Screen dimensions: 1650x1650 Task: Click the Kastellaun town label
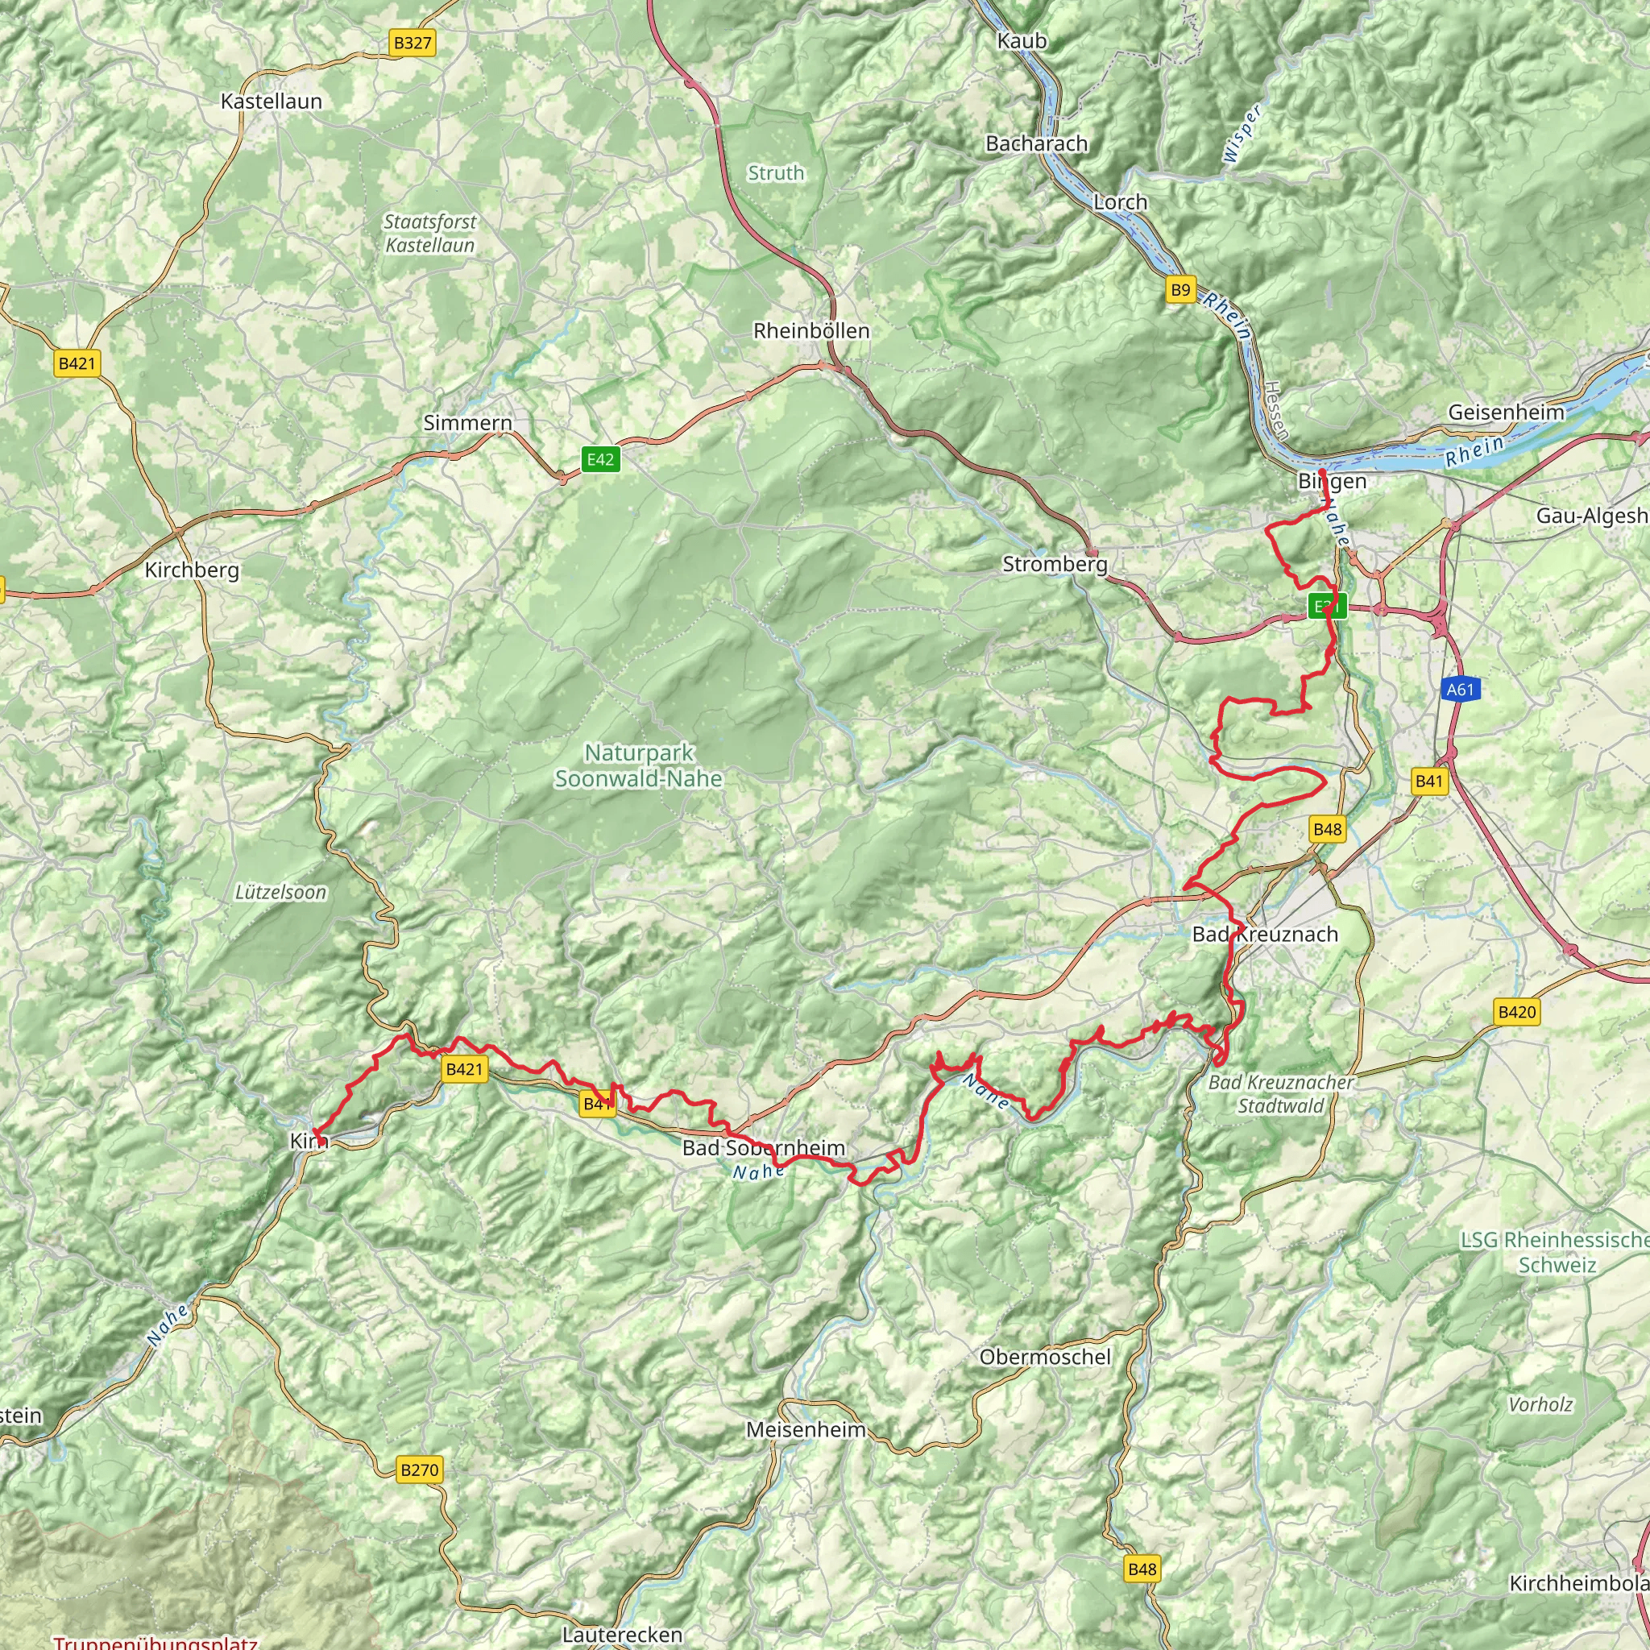(271, 102)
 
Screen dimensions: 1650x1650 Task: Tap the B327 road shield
(412, 43)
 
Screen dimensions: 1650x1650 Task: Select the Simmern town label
(467, 423)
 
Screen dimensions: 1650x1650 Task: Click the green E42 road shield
(599, 459)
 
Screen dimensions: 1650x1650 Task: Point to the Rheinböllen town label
(810, 331)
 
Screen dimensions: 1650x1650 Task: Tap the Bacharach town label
(1036, 143)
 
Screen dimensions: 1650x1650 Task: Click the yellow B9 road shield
(1179, 290)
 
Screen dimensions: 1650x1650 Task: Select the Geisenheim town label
(1506, 412)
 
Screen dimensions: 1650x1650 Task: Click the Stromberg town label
(1054, 565)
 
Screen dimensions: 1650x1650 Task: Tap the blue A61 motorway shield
(1460, 689)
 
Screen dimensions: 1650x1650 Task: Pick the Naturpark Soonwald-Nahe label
(639, 766)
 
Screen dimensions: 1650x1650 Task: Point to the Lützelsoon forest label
(280, 893)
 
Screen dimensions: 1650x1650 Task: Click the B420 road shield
(1517, 1012)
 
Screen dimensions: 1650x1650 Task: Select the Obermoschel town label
(1044, 1357)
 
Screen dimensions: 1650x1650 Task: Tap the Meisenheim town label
(806, 1430)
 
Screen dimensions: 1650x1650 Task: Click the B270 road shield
(419, 1470)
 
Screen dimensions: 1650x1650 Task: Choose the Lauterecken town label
(622, 1635)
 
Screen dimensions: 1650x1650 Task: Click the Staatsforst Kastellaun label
(429, 233)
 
